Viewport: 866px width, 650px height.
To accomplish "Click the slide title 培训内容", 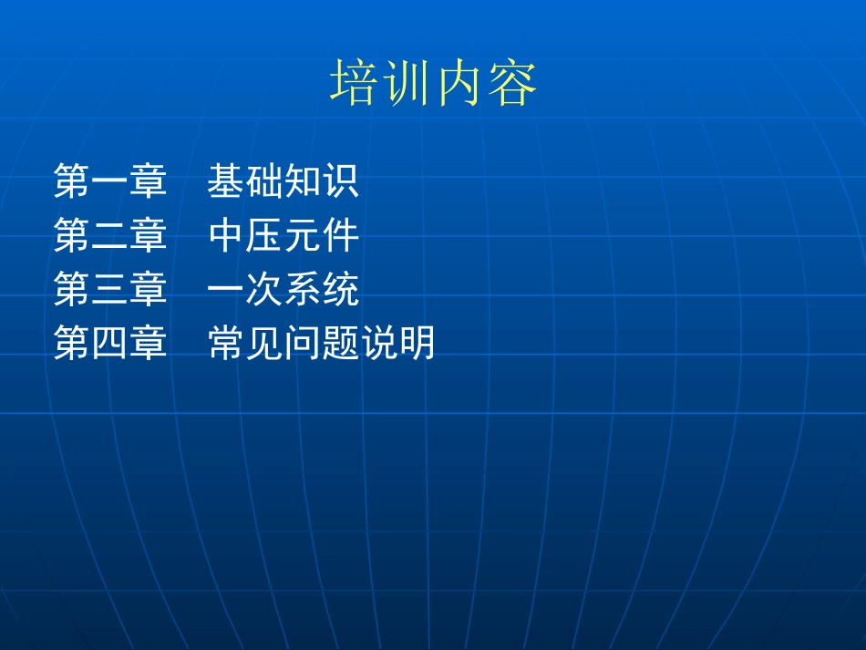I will tap(433, 84).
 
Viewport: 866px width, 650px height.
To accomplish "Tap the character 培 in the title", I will tap(355, 84).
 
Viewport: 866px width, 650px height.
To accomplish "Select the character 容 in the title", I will tap(512, 84).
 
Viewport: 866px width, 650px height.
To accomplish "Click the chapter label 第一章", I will tap(110, 181).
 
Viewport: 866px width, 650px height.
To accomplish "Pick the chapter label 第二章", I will tap(110, 236).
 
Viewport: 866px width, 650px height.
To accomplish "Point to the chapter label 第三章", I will tap(110, 290).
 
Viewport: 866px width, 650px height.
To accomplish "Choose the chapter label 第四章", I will tap(110, 345).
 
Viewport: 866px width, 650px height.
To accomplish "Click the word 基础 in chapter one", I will tap(245, 181).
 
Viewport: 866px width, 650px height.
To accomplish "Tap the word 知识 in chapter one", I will tap(321, 181).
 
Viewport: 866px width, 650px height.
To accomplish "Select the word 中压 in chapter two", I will tap(245, 236).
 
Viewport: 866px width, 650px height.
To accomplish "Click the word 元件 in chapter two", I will tap(321, 236).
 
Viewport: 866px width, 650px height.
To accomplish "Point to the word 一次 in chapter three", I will tap(245, 290).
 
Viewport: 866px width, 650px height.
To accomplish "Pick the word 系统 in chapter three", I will tap(321, 290).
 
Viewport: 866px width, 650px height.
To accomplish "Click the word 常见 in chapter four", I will tap(245, 345).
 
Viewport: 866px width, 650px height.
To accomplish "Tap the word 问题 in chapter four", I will tap(321, 345).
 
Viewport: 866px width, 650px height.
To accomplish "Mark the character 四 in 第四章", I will tap(110, 345).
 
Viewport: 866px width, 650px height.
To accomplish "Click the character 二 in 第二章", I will tap(110, 236).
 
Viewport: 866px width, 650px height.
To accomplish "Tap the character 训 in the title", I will tap(407, 84).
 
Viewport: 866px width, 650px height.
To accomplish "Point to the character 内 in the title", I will tap(459, 84).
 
